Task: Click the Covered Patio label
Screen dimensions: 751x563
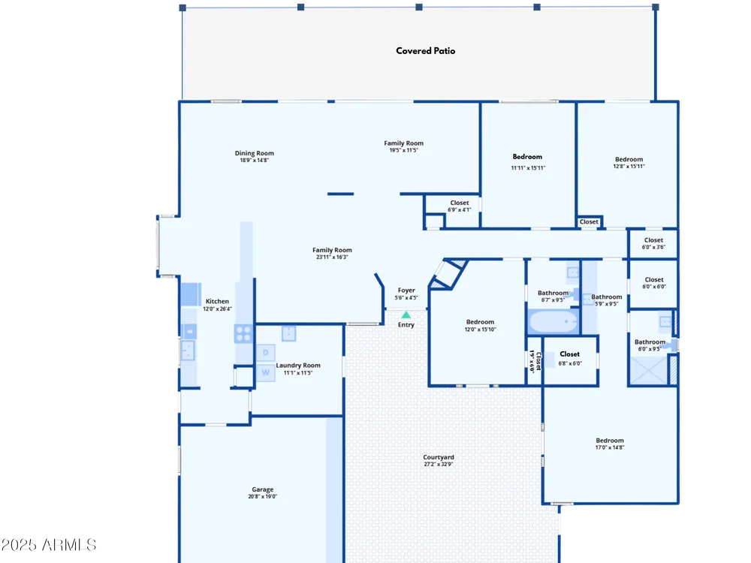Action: pos(425,51)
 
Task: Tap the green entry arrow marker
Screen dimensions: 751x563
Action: pos(406,315)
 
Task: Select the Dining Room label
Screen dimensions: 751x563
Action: pos(255,153)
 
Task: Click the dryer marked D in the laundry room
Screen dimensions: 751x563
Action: pos(265,353)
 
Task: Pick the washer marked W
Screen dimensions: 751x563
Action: pos(265,372)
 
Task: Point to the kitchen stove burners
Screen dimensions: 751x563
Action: pos(243,333)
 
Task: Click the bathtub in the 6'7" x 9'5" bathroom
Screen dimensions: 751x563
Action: pos(553,321)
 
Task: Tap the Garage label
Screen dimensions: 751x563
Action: pos(262,489)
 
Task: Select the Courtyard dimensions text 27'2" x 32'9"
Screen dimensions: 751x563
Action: pos(439,464)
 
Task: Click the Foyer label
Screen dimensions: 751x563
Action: pos(406,290)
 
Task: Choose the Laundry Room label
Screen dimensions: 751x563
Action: pos(298,366)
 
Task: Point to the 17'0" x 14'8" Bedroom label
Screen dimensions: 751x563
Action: pos(610,441)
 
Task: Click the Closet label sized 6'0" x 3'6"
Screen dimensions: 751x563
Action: pos(654,240)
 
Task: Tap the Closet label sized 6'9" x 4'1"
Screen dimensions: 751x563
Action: pos(460,203)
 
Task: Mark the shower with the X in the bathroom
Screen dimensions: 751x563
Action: pos(649,370)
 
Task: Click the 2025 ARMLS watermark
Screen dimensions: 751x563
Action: pos(48,545)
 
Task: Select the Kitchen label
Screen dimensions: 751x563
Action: pos(217,301)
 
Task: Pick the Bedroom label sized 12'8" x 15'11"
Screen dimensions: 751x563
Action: pos(629,159)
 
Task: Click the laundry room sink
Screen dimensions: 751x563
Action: pos(288,333)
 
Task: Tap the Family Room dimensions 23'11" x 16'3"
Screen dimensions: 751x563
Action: pos(332,257)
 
